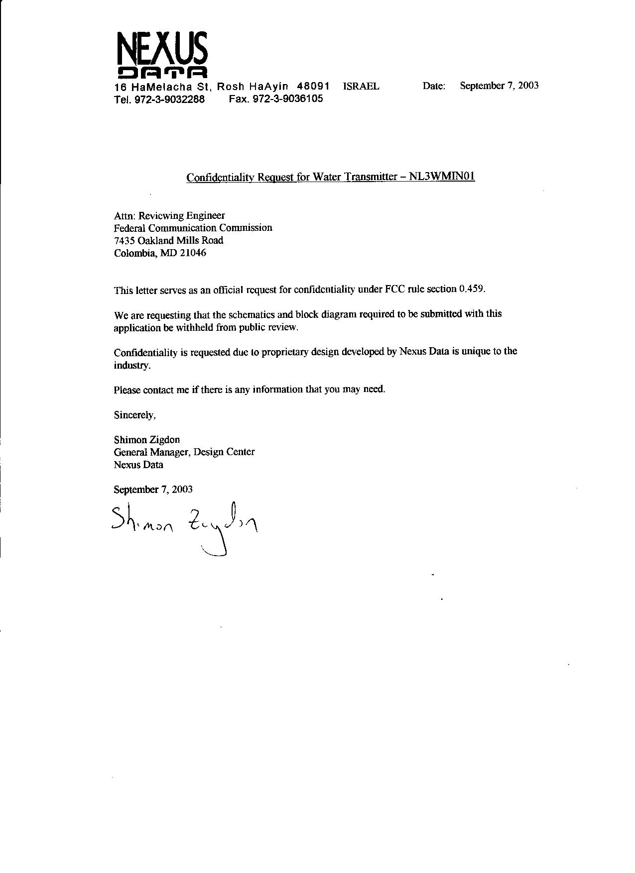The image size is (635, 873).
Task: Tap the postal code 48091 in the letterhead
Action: coord(313,86)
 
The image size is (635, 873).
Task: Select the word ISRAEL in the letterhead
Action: coord(361,86)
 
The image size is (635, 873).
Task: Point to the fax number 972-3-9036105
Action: coord(288,98)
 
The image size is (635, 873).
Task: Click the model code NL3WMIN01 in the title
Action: coord(442,177)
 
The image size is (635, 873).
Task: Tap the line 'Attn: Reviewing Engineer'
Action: coord(169,215)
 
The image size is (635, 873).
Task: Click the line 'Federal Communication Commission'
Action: coord(193,228)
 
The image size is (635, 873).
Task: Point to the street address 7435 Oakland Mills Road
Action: coord(168,240)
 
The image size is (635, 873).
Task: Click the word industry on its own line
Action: coord(131,366)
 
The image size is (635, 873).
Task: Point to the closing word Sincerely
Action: coord(134,414)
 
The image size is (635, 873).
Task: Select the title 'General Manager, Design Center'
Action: coord(184,452)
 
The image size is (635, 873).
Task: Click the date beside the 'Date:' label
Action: coord(499,86)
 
